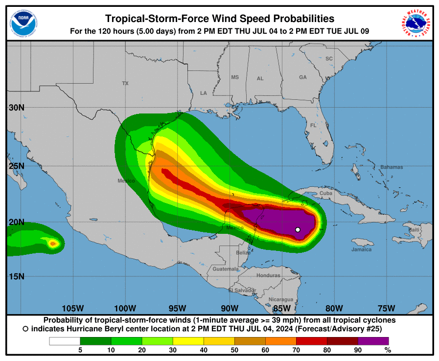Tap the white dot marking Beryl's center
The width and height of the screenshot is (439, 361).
coord(298,229)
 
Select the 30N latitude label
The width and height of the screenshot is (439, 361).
coord(16,108)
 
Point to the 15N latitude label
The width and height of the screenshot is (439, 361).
coord(16,276)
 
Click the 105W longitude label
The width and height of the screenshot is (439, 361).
coord(73,308)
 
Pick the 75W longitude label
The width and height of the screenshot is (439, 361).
coord(386,308)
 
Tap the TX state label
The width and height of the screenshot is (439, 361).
coord(125,84)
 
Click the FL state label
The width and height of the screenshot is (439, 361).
coord(313,126)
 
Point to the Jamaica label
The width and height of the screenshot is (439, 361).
coord(361,249)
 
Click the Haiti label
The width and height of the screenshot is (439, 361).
coord(414,230)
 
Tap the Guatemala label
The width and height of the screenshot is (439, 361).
coord(226,269)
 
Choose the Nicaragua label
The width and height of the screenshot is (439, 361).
coord(281,299)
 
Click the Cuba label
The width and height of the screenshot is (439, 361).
coord(325,193)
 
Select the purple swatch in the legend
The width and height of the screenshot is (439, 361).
coord(373,341)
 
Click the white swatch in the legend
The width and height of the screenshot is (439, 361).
coord(65,341)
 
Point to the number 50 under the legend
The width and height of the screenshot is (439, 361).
coord(234,350)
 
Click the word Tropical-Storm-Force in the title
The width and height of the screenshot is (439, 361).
coord(157,19)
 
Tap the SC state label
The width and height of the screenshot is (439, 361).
coord(329,59)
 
